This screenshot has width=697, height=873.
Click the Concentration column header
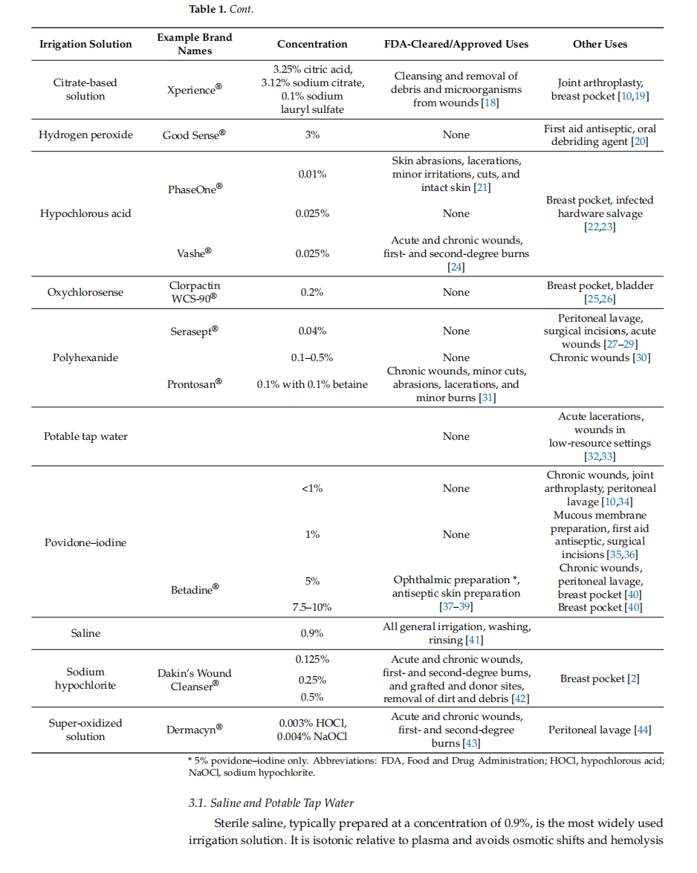click(312, 44)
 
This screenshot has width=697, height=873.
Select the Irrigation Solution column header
click(85, 44)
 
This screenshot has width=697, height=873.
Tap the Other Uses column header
click(600, 44)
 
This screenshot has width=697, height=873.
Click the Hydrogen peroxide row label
click(85, 134)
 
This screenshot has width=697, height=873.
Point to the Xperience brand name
click(194, 89)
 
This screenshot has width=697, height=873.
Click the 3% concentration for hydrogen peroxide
click(312, 134)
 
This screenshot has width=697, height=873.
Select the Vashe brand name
click(194, 253)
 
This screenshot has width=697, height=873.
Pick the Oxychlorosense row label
click(85, 292)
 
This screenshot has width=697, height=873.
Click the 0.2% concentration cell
click(312, 292)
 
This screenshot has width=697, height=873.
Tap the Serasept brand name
click(194, 331)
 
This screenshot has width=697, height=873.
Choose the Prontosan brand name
click(194, 383)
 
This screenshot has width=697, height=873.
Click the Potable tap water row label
click(85, 437)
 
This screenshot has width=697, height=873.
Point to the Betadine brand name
click(194, 589)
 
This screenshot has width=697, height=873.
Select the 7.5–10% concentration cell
click(312, 607)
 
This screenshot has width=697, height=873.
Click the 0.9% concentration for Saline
click(312, 633)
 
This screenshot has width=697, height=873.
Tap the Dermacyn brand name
click(194, 729)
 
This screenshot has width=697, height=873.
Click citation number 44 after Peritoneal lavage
click(643, 730)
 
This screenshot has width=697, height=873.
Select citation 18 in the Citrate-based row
click(490, 103)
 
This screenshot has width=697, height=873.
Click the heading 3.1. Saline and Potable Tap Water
click(271, 803)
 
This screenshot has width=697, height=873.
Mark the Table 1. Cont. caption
click(221, 9)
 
